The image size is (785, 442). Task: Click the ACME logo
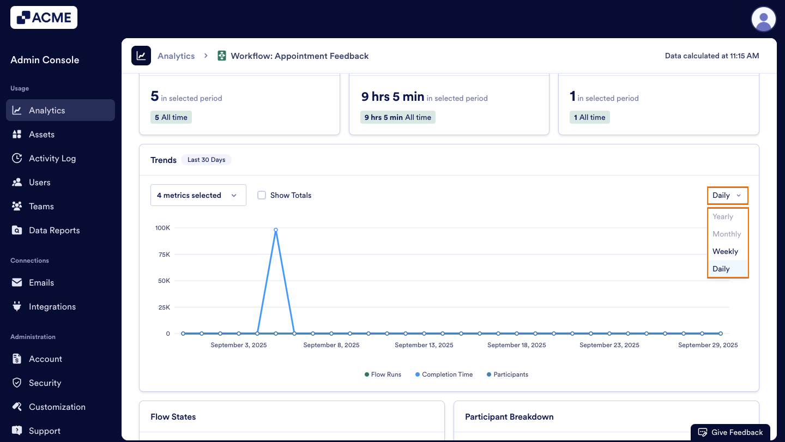coord(44,17)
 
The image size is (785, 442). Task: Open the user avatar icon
coord(763,20)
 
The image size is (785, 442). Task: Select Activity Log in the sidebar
coord(52,158)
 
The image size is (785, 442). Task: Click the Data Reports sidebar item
coord(54,230)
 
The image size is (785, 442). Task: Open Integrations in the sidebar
coord(52,306)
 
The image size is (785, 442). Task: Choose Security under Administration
coord(45,383)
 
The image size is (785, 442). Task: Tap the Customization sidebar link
coord(57,407)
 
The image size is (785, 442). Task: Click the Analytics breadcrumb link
coord(176,56)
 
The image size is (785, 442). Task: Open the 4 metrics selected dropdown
coord(198,195)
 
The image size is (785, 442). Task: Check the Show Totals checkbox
coord(262,195)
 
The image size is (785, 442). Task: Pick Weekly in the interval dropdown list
coord(725,251)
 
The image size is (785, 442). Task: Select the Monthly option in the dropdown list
coord(727,234)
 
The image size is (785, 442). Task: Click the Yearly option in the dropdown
coord(723,216)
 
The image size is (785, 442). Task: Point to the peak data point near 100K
coord(276,230)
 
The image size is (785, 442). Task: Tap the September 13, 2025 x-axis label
coord(424,345)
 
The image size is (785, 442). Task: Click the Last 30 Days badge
coord(206,160)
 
